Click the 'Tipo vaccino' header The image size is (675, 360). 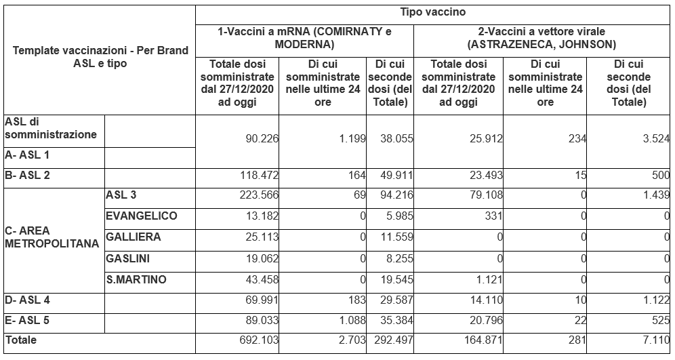tap(432, 12)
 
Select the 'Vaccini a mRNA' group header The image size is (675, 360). tap(305, 38)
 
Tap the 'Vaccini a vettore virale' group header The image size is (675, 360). tap(542, 38)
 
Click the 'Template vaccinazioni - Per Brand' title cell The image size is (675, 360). tap(100, 57)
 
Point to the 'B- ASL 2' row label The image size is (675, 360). tap(26, 176)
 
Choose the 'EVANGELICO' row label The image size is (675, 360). tap(141, 216)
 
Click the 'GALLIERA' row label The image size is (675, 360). tap(134, 237)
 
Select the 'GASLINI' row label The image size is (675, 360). tap(128, 258)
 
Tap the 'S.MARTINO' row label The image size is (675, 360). tap(136, 279)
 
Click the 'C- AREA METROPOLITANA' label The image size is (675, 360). tap(52, 237)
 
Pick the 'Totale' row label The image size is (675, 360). tap(20, 340)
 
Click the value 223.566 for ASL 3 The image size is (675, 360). tap(259, 195)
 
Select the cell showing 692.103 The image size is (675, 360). tap(259, 340)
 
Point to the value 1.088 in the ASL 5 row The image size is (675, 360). tap(352, 321)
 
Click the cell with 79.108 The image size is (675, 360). tap(486, 195)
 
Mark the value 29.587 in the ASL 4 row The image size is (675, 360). tap(396, 300)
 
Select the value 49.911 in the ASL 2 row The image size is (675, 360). tap(396, 176)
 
